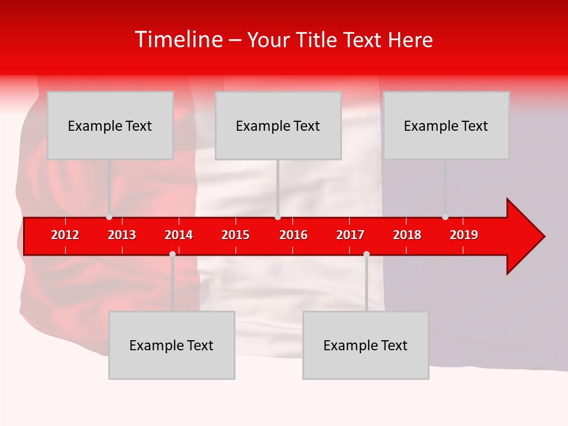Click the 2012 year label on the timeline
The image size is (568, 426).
pyautogui.click(x=65, y=235)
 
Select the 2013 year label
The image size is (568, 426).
pyautogui.click(x=122, y=235)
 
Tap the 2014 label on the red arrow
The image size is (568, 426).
pyautogui.click(x=179, y=235)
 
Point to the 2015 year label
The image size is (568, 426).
pyautogui.click(x=235, y=235)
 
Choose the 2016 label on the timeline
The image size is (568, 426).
pyautogui.click(x=293, y=235)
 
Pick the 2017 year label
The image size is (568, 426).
pyautogui.click(x=350, y=235)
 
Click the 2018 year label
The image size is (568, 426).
pyautogui.click(x=407, y=235)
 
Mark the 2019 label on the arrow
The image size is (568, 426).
pyautogui.click(x=464, y=235)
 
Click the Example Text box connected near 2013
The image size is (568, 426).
pyautogui.click(x=110, y=125)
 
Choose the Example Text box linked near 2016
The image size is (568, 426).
pyautogui.click(x=278, y=125)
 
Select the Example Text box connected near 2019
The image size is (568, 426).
pyautogui.click(x=446, y=125)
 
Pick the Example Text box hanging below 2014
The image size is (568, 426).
pyautogui.click(x=172, y=345)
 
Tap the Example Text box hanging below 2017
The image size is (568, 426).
pyautogui.click(x=366, y=345)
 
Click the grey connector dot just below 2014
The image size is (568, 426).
pyautogui.click(x=172, y=254)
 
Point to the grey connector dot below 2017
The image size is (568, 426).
pyautogui.click(x=366, y=254)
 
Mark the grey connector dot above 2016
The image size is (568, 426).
pyautogui.click(x=277, y=217)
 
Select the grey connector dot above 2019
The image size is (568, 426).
pyautogui.click(x=445, y=217)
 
